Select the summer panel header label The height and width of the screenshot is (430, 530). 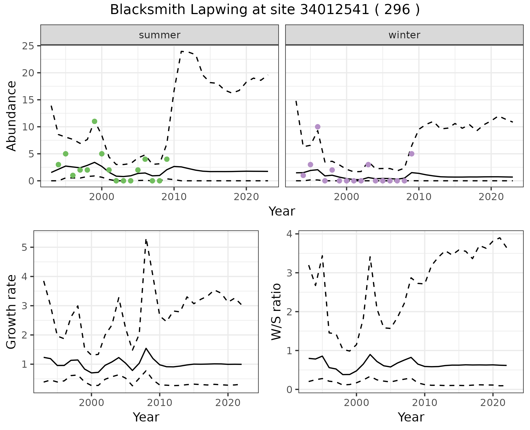tap(160, 35)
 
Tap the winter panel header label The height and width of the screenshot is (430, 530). tap(404, 35)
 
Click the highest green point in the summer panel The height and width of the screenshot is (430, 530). tap(94, 122)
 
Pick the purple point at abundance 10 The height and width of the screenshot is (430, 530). tap(317, 127)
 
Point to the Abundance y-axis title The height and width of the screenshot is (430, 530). tap(12, 116)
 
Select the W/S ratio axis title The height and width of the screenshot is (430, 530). tap(276, 311)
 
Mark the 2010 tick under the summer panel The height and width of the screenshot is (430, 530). tap(174, 197)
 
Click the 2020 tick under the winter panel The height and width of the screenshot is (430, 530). tap(491, 197)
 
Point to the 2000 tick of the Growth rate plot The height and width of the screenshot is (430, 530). tap(91, 403)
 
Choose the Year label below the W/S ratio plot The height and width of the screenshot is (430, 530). tap(411, 417)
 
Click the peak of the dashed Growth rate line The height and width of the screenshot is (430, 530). tap(146, 239)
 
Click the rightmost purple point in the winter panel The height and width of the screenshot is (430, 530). tap(412, 154)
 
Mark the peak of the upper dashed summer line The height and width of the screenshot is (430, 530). tap(182, 51)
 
